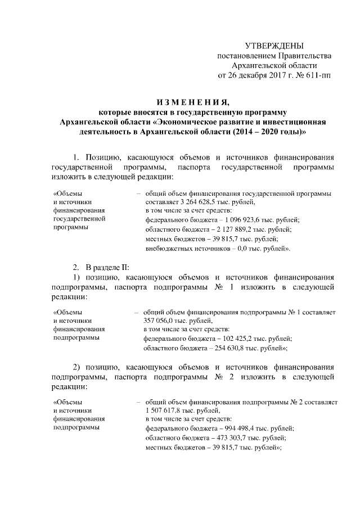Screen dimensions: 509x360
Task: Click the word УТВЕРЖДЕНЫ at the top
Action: (x=274, y=45)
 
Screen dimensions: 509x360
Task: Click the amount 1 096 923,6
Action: (x=239, y=219)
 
